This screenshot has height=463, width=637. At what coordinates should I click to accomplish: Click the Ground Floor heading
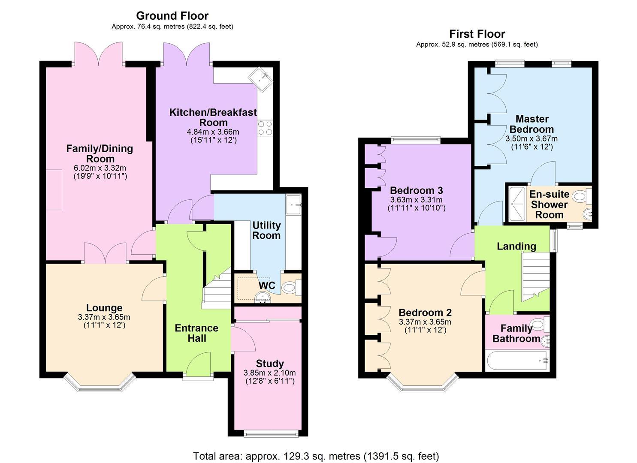172,15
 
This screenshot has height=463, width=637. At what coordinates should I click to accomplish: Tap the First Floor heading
477,34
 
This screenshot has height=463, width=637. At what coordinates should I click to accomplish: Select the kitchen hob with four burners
265,128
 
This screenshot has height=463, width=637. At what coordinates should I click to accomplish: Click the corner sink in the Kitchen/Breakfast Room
260,79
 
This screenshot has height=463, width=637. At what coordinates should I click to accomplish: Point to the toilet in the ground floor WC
292,287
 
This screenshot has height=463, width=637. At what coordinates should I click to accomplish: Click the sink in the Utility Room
293,204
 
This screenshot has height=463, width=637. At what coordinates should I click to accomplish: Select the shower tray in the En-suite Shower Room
517,204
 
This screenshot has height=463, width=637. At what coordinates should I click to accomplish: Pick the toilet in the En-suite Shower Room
582,196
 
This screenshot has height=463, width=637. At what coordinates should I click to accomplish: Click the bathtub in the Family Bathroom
517,361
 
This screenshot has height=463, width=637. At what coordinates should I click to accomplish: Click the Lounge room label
104,308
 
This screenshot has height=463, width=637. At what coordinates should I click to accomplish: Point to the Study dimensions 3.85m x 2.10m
269,373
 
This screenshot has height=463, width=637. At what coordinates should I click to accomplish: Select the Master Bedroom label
531,124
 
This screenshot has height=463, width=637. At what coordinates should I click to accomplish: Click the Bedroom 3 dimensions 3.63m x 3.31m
417,200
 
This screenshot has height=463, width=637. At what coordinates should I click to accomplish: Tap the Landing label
516,246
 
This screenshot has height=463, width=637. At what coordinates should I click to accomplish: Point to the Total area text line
316,448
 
